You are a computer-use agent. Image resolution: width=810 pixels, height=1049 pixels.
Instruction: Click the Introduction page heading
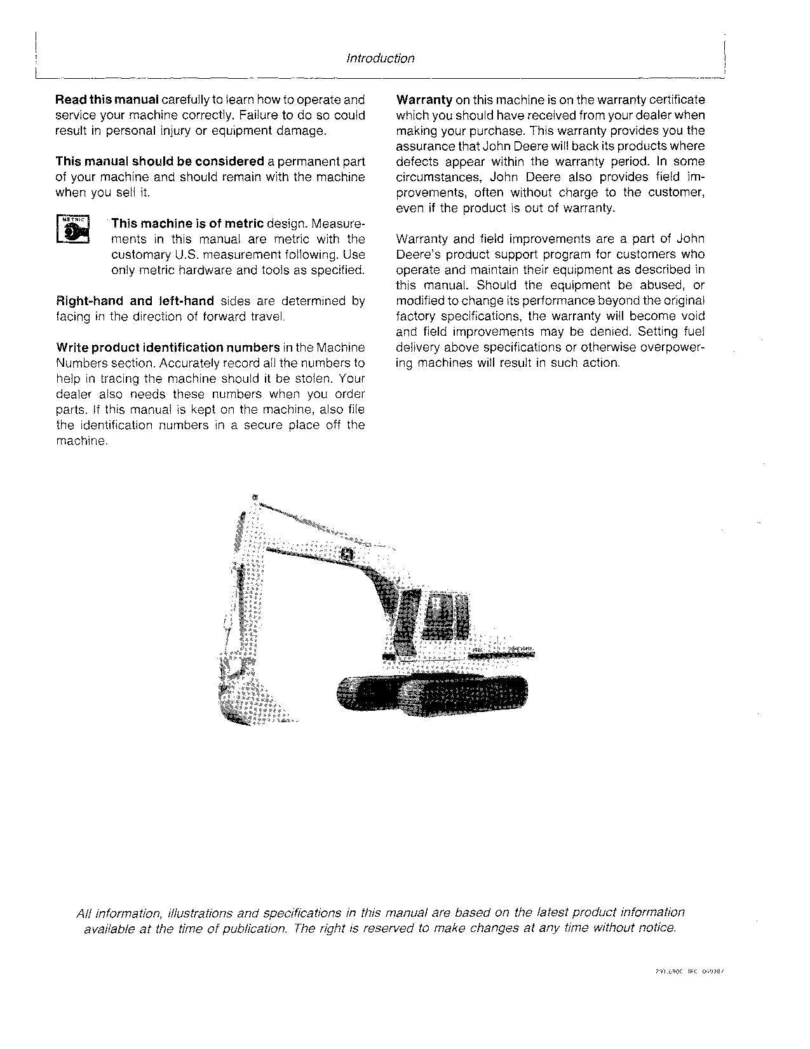(380, 58)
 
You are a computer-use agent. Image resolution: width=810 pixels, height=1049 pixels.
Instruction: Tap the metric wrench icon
(73, 230)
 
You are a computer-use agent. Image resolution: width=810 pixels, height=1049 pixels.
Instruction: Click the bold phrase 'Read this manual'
(107, 100)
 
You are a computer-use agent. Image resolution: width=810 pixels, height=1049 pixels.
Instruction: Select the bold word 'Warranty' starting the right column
(424, 100)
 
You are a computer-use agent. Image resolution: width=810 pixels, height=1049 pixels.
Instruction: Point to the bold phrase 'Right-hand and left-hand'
(135, 301)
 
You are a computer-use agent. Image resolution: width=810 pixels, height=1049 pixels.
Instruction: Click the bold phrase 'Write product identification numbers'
(168, 348)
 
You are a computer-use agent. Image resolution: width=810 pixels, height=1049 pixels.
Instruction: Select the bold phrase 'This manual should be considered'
(159, 161)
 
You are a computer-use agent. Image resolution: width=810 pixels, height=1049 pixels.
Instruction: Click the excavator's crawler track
(432, 692)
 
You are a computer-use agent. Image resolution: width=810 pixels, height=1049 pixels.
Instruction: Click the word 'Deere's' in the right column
(417, 255)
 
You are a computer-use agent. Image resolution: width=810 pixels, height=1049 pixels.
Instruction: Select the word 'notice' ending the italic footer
(658, 928)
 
